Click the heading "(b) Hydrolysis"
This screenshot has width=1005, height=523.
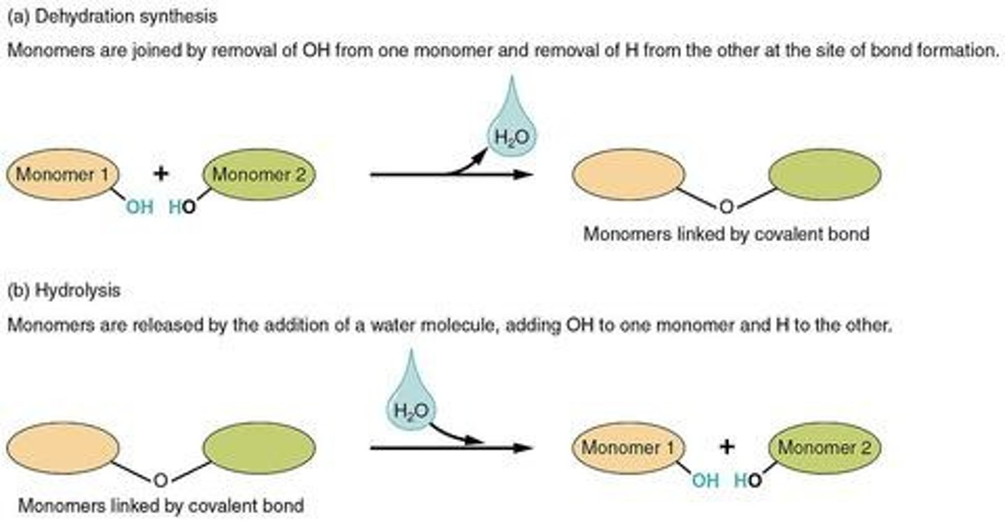coord(64,291)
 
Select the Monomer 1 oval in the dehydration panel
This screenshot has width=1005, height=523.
coord(64,174)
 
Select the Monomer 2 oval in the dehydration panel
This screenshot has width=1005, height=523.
coord(259,174)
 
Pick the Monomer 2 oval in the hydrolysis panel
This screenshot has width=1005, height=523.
coord(824,448)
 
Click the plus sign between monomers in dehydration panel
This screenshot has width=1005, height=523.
coord(161,174)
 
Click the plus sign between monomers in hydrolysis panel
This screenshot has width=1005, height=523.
coord(727,447)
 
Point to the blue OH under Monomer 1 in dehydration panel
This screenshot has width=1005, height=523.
coord(140,207)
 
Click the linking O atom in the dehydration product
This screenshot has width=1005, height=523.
coord(727,206)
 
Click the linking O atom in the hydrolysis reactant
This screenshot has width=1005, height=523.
coord(161,479)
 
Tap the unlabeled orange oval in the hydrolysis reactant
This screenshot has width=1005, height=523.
coord(64,448)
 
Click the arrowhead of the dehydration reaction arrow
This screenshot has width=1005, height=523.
coord(525,174)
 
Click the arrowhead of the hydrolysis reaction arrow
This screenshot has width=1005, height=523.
coord(525,448)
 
